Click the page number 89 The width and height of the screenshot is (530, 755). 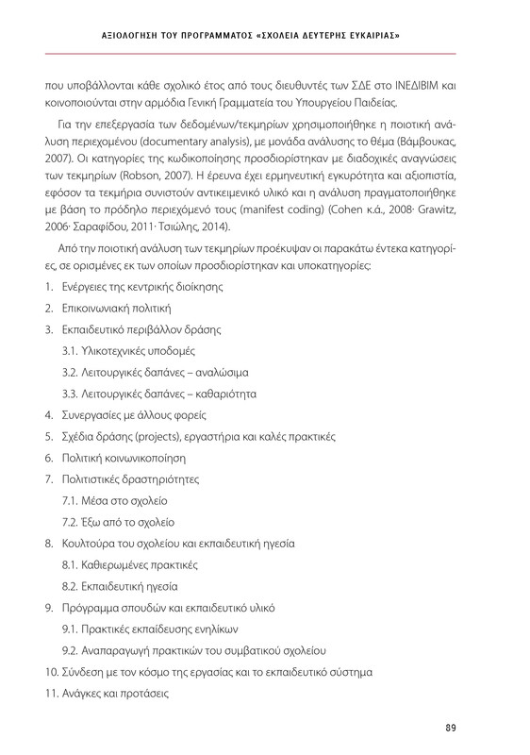450,726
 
